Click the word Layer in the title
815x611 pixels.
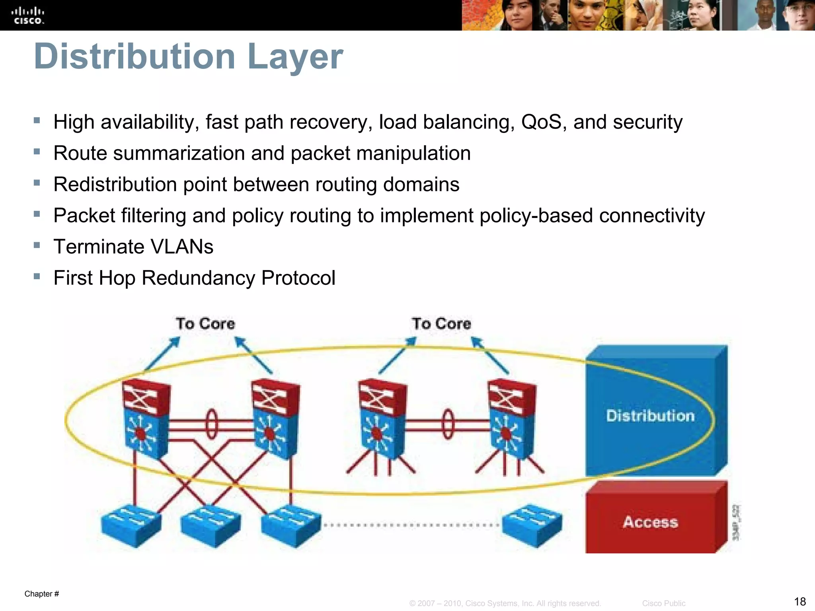295,56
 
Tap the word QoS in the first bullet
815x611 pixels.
544,122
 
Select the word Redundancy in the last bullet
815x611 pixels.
198,278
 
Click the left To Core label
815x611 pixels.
205,323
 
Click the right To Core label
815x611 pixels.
441,323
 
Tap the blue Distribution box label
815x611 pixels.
650,416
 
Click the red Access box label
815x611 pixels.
650,522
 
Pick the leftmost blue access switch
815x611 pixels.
131,525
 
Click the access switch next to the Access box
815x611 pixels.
532,525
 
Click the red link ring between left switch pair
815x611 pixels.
212,424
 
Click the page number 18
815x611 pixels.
799,601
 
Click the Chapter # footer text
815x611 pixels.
42,594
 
